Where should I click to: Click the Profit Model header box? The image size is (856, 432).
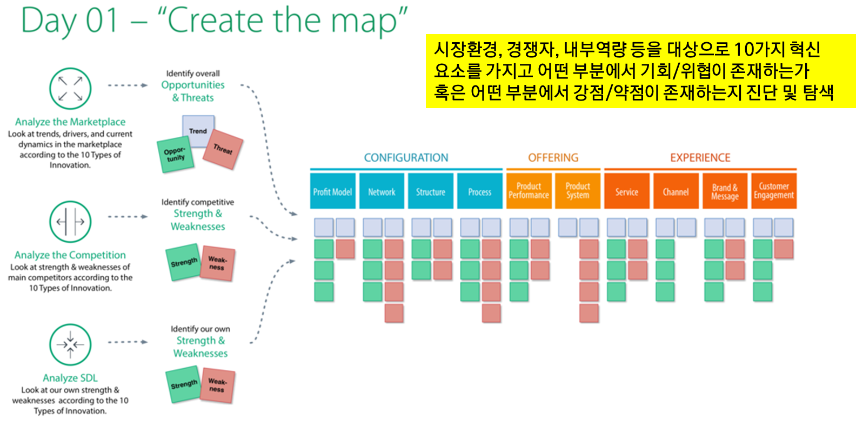(332, 191)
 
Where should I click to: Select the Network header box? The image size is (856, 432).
(382, 191)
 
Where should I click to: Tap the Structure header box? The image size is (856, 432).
(431, 191)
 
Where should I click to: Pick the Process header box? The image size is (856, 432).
(479, 191)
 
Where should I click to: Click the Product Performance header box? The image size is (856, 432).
(529, 191)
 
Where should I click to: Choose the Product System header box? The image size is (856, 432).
(578, 191)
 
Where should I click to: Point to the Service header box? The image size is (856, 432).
(627, 191)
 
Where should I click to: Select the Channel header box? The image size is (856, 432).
(676, 191)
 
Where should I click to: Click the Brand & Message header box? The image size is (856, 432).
(725, 191)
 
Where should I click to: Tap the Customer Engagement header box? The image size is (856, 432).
(774, 191)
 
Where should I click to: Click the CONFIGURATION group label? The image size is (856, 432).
(406, 158)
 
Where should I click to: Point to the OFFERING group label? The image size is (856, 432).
(553, 158)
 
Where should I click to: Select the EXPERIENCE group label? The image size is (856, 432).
(700, 158)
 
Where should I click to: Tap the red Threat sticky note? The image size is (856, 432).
(223, 149)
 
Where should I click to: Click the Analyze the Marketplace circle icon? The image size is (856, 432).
(70, 89)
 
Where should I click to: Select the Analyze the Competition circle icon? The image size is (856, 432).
(70, 222)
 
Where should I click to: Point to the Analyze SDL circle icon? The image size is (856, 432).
(70, 344)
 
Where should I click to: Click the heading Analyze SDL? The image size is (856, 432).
(70, 378)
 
